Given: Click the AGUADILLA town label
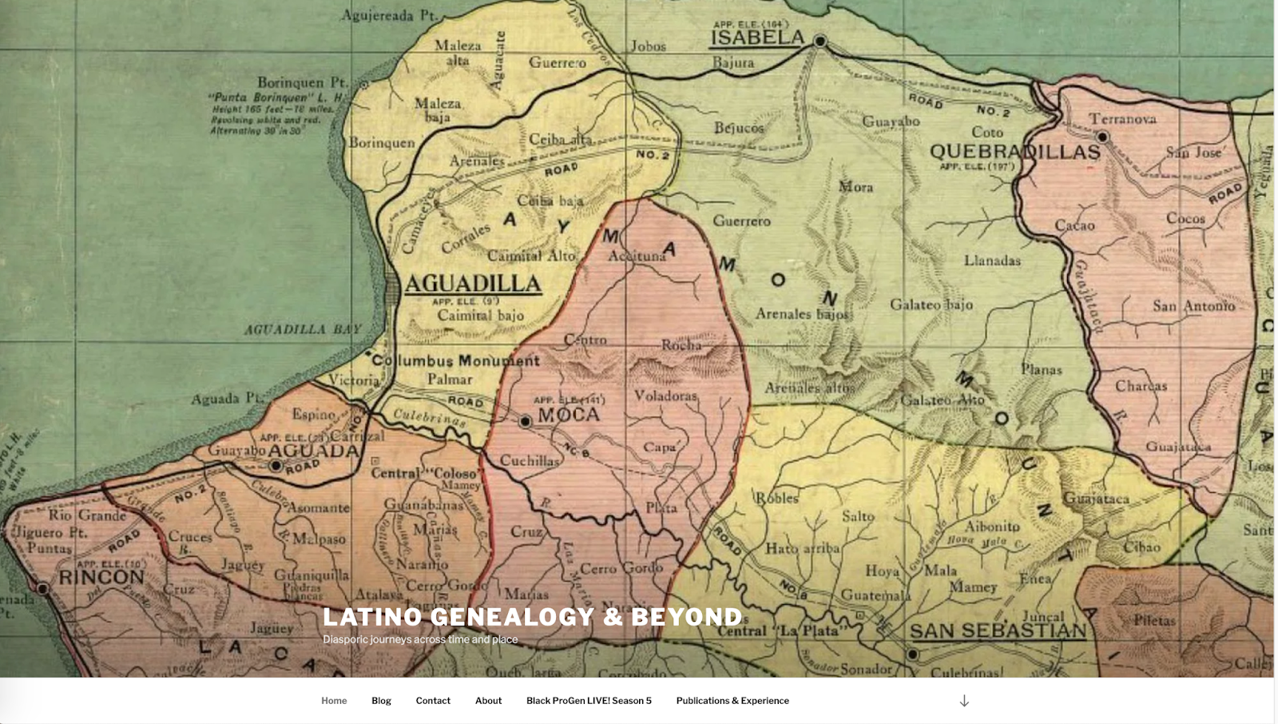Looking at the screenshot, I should click(x=473, y=284).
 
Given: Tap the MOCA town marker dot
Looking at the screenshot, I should click(x=525, y=421).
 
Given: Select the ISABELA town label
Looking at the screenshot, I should click(x=757, y=38).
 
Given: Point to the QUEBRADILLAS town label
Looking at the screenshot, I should click(x=1014, y=151).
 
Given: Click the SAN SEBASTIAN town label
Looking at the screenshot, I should click(x=998, y=631).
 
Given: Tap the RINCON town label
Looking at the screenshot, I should click(x=101, y=577).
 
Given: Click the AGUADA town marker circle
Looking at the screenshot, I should click(x=276, y=465).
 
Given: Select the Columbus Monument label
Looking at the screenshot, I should click(x=455, y=360).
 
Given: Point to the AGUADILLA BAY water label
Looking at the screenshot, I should click(x=303, y=329).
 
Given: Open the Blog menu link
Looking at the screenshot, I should click(x=381, y=701).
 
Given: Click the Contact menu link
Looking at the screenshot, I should click(x=433, y=701).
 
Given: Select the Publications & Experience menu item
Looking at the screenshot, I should click(x=732, y=701).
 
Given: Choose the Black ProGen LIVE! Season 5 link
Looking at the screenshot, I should click(x=589, y=701).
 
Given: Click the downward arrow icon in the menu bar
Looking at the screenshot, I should click(x=964, y=701).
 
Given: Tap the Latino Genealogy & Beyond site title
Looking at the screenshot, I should click(x=533, y=617).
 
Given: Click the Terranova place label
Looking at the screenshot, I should click(x=1122, y=119).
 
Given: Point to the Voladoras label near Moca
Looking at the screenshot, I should click(x=665, y=396).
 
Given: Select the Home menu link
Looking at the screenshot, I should click(x=334, y=701).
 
